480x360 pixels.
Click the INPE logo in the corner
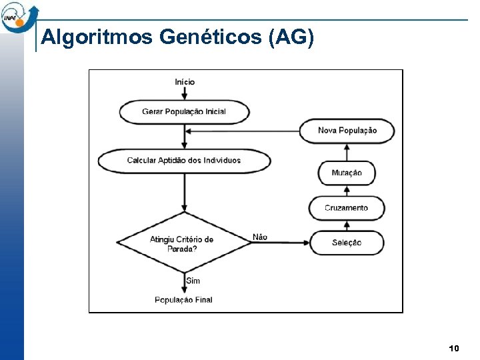19,16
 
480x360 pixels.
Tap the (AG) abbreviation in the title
290,37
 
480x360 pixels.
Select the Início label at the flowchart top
185,82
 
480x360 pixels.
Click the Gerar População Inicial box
184,111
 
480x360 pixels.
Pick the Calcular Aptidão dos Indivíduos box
184,160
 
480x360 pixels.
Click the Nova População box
347,131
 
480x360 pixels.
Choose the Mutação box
347,173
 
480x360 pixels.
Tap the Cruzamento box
347,208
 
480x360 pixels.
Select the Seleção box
347,243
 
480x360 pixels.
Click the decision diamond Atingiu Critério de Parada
183,243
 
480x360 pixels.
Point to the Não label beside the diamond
260,237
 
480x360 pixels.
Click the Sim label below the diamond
193,281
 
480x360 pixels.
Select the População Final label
183,300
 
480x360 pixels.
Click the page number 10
454,349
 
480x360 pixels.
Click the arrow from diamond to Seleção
280,243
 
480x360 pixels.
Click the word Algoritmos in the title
97,37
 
